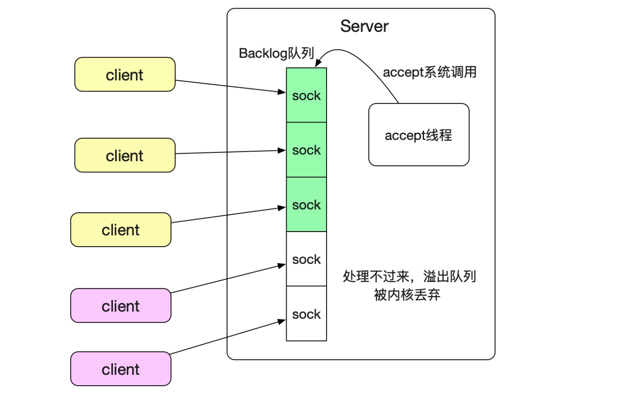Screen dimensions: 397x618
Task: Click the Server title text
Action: coord(364,26)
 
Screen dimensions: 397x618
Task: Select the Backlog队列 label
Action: coord(276,53)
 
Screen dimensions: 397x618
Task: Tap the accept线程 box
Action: coord(418,135)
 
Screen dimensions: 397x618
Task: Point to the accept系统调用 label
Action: coord(429,72)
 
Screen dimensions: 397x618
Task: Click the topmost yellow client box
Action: coord(124,75)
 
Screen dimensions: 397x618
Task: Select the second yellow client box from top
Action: coord(124,156)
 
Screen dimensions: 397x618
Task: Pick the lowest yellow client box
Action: coord(121,230)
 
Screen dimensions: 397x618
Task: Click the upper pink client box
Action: coord(121,306)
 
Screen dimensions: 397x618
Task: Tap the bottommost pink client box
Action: coord(121,369)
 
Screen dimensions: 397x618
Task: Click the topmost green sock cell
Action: coord(306,95)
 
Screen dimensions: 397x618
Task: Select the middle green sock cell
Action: coord(306,150)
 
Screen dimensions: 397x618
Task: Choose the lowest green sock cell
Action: coord(306,205)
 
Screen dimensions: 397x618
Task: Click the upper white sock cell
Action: coord(306,259)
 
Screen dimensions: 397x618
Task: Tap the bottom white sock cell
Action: coord(306,314)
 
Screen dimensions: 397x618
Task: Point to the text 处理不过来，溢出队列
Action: coord(409,276)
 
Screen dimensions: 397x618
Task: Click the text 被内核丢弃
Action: coord(407,295)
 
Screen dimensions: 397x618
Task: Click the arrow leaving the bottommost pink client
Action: coord(227,337)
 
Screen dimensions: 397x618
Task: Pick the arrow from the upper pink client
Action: coord(227,279)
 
